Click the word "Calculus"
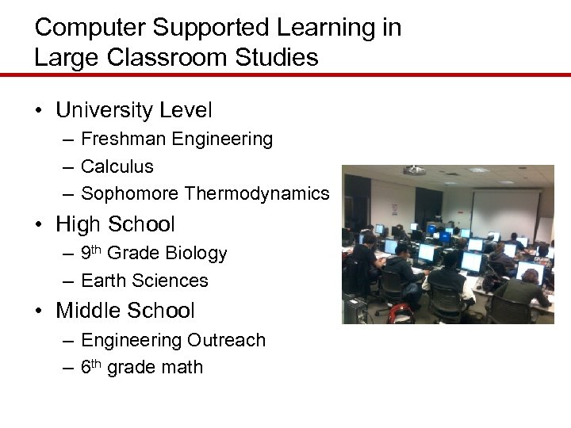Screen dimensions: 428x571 (117, 166)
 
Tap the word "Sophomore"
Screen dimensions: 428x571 (129, 193)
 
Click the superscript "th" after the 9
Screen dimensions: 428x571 (97, 250)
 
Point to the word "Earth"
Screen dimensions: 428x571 (104, 281)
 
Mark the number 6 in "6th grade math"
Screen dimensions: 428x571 (86, 368)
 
